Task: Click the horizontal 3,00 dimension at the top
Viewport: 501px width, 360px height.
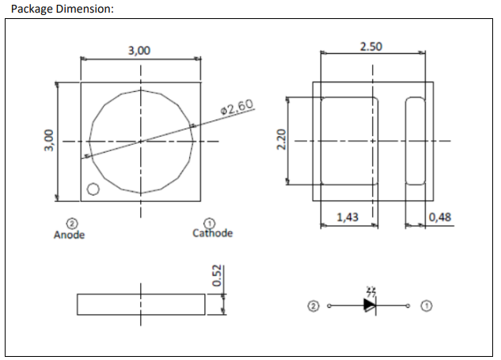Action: [x=139, y=51]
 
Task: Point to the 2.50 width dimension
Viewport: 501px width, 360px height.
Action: [x=370, y=47]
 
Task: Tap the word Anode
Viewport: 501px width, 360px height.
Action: [x=69, y=234]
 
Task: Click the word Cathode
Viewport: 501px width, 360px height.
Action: [x=213, y=233]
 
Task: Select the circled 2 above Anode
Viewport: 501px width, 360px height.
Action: [x=71, y=224]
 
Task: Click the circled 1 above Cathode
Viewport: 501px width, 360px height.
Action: [x=210, y=223]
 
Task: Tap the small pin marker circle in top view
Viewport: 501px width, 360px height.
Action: [x=93, y=189]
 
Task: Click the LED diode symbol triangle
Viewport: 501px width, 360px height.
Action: [x=370, y=305]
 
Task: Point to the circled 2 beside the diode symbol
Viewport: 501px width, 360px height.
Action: [x=314, y=305]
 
